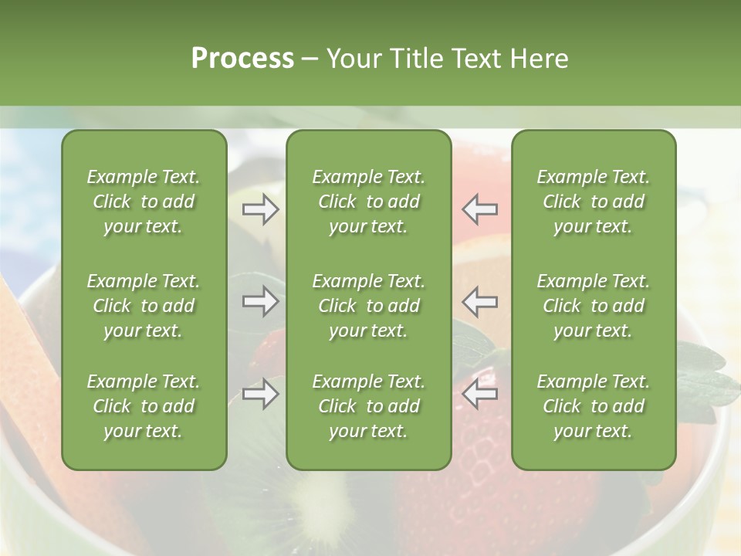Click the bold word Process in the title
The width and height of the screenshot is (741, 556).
click(242, 59)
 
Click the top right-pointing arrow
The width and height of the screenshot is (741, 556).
click(261, 209)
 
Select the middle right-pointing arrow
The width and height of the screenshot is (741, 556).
click(261, 301)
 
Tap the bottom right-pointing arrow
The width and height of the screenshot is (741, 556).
click(261, 394)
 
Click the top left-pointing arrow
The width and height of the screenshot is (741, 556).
click(479, 209)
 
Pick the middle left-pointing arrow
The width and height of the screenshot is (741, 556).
click(479, 301)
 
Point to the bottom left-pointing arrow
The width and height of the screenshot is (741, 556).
click(479, 394)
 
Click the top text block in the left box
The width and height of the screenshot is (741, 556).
click(144, 202)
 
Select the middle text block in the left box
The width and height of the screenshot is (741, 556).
click(144, 306)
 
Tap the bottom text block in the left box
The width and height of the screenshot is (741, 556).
click(144, 406)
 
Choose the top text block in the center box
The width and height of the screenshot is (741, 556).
click(368, 202)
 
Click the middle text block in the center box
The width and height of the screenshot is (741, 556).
click(368, 306)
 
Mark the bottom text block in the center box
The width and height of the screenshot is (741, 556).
click(368, 406)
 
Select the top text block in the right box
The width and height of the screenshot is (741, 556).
click(593, 202)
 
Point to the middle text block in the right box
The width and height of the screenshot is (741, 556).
click(593, 306)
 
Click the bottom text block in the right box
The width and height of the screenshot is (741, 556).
click(593, 406)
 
